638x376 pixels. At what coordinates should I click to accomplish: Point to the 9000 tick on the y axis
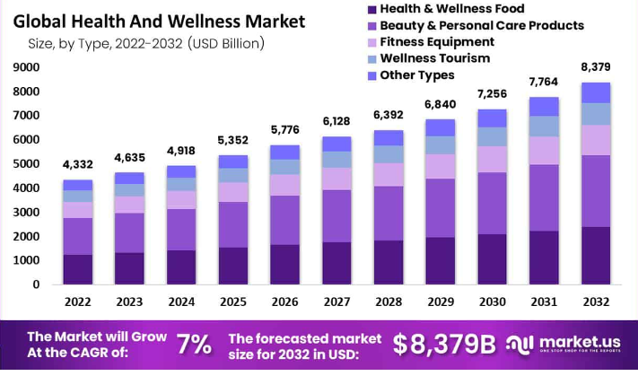(x=26, y=67)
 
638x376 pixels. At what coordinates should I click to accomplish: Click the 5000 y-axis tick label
(x=26, y=164)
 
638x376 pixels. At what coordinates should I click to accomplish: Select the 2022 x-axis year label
(x=78, y=302)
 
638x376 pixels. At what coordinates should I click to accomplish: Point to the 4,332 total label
(x=78, y=164)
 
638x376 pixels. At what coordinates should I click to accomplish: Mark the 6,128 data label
(x=336, y=121)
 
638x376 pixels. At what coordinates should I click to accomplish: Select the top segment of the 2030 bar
(x=492, y=118)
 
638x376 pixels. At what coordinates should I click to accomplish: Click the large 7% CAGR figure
(x=194, y=344)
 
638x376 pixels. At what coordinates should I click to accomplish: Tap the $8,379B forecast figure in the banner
(x=444, y=344)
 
